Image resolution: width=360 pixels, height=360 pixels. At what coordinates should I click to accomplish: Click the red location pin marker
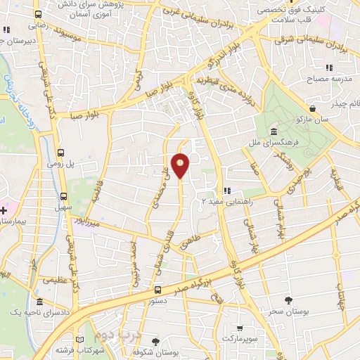click(x=181, y=165)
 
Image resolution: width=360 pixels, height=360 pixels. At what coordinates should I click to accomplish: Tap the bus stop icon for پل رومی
click(x=60, y=153)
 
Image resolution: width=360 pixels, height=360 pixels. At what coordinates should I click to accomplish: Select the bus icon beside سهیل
click(x=64, y=197)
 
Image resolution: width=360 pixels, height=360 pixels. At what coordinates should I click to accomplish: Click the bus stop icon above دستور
click(x=157, y=289)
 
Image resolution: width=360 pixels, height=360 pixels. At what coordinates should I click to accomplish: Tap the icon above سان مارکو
click(x=312, y=108)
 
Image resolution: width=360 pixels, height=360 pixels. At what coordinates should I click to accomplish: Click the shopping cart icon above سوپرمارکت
click(x=240, y=328)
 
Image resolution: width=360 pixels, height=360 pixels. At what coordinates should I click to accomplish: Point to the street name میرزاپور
click(x=91, y=221)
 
